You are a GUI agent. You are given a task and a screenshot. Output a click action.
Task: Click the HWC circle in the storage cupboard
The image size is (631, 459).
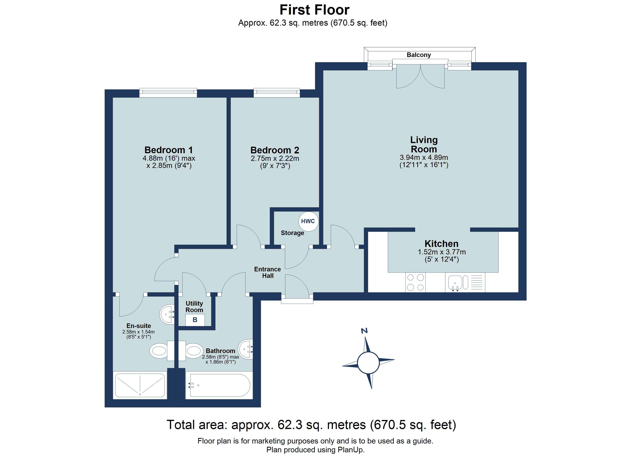click(x=308, y=221)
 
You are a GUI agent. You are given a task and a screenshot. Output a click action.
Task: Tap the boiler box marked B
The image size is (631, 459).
click(x=195, y=320)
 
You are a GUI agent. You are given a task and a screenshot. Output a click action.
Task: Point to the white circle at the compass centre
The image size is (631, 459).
click(x=368, y=363)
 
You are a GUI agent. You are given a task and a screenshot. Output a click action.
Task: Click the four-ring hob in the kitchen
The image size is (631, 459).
click(x=415, y=282)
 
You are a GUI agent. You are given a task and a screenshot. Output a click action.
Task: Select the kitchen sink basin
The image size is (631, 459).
click(x=455, y=282)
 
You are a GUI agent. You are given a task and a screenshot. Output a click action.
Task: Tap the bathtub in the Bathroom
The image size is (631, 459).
click(x=220, y=385)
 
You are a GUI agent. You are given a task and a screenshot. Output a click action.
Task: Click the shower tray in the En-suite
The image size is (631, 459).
click(x=140, y=385)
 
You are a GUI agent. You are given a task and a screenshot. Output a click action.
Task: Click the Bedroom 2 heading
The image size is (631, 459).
click(x=275, y=150)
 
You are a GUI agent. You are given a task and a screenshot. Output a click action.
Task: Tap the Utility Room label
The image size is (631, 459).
click(x=194, y=306)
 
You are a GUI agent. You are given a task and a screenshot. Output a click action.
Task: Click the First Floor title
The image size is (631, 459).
click(x=314, y=10)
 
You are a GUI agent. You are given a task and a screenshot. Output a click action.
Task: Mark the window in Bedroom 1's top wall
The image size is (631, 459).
click(x=168, y=93)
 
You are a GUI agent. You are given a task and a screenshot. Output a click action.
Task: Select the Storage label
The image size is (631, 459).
click(x=292, y=233)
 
